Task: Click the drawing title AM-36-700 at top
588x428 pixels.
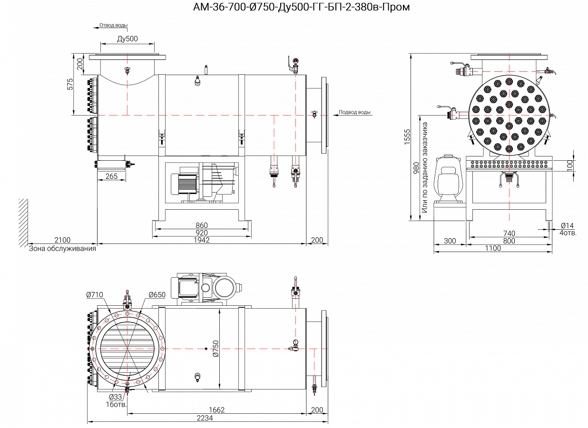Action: pos(301,7)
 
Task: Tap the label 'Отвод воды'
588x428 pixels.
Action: pos(113,25)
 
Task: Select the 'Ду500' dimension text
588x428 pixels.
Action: pos(127,39)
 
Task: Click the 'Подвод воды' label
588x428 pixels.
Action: pos(354,112)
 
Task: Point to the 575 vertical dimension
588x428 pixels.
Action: pos(70,85)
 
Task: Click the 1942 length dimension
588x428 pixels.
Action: pos(202,240)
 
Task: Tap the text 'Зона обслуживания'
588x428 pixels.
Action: pos(62,248)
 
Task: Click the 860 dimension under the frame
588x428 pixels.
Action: pos(202,225)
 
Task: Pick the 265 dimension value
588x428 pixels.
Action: pos(111,176)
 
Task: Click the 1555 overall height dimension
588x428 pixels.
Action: pos(407,137)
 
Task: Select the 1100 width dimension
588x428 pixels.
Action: pos(493,248)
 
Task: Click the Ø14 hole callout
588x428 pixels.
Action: pos(568,225)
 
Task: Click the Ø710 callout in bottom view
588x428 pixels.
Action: pos(95,295)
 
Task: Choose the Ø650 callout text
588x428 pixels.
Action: pos(157,295)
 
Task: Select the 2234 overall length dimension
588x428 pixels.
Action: pos(205,418)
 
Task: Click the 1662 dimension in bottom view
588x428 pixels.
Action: pos(216,410)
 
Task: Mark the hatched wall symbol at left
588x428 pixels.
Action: pos(23,222)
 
